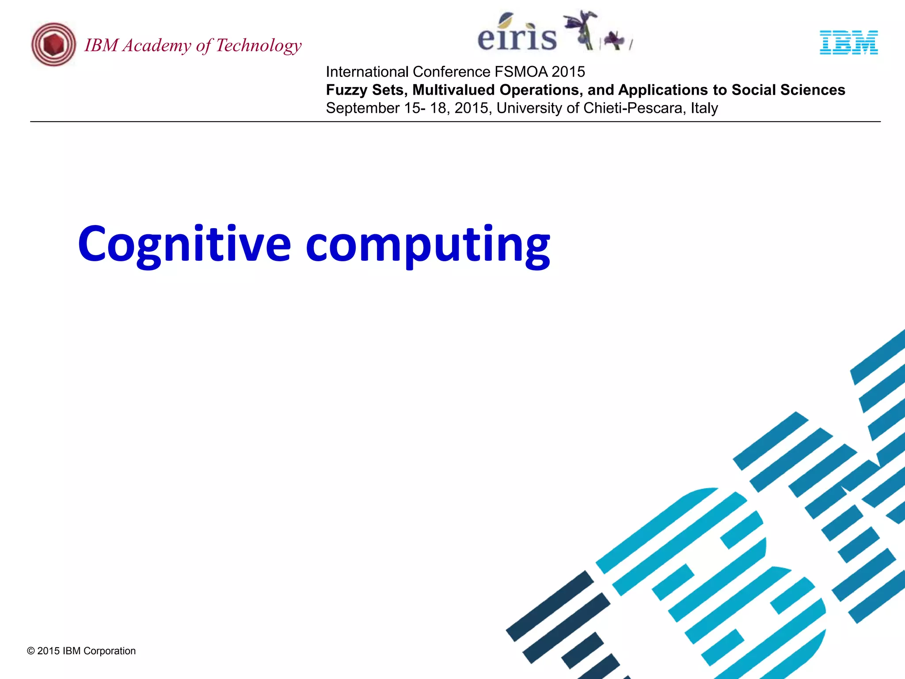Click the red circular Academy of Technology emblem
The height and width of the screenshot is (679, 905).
click(x=53, y=45)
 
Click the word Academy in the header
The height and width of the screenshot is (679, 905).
click(x=157, y=46)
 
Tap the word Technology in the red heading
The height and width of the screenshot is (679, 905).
click(x=259, y=46)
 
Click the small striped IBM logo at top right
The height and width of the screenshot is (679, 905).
click(x=848, y=42)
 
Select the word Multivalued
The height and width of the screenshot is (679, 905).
click(x=453, y=90)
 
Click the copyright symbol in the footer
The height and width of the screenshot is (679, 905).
click(x=31, y=651)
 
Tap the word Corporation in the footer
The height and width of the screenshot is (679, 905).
click(x=110, y=651)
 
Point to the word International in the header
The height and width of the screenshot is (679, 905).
click(x=367, y=72)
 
